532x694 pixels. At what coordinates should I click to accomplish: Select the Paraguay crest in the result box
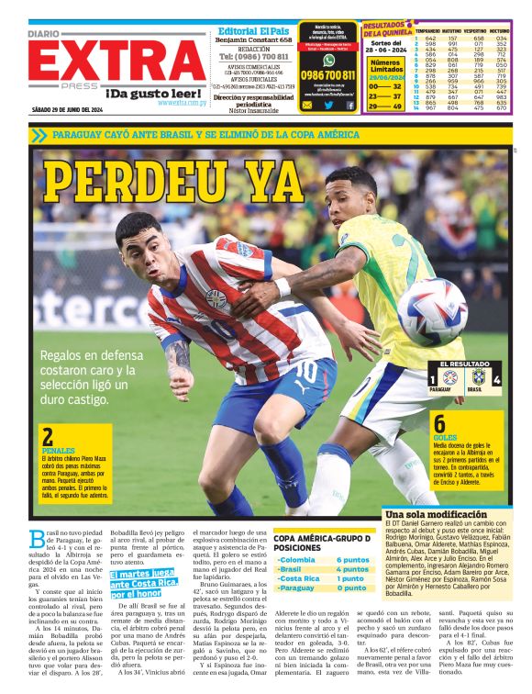click(x=448, y=377)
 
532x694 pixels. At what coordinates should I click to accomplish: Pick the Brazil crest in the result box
click(x=478, y=377)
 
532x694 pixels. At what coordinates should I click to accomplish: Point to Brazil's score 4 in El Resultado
click(x=496, y=378)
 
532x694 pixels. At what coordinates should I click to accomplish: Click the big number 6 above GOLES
click(x=439, y=424)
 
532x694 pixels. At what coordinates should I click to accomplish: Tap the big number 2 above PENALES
click(x=48, y=438)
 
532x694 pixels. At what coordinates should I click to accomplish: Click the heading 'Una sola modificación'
click(x=423, y=514)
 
